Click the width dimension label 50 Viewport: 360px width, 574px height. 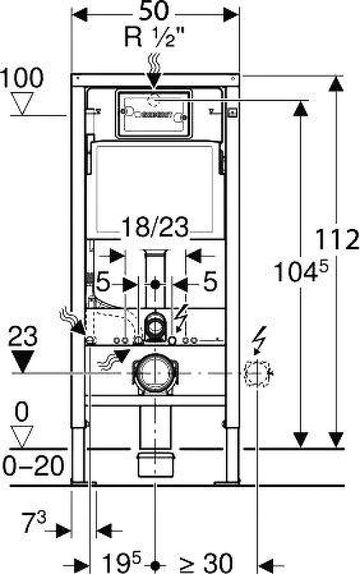point(154,11)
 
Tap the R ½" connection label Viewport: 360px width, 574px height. point(153,37)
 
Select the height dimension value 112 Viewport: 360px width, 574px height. point(337,240)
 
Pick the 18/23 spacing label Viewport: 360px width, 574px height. point(155,227)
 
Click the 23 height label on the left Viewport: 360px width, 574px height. point(23,337)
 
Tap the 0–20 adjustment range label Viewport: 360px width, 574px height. point(33,466)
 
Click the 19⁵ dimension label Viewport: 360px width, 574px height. point(121,562)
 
